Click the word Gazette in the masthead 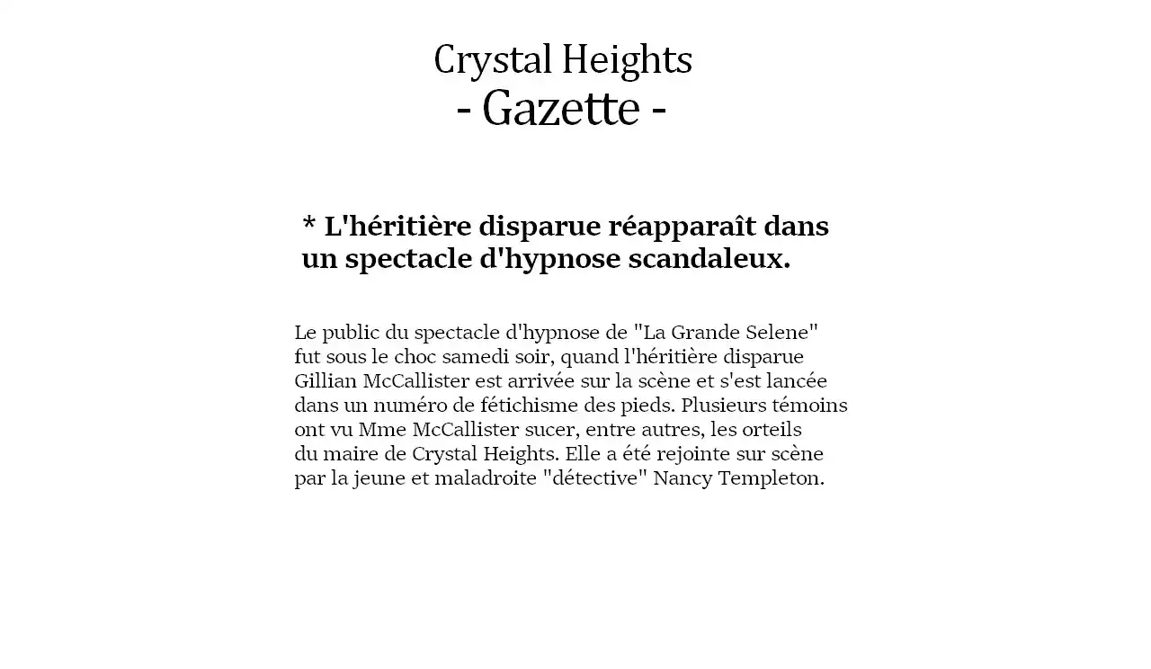tap(560, 109)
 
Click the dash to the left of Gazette tap(464, 111)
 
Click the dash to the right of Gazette tap(658, 111)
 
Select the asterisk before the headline tap(309, 223)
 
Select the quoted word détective tap(594, 477)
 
